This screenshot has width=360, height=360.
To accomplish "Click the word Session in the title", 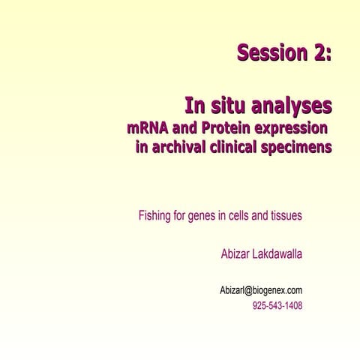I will point(269,53).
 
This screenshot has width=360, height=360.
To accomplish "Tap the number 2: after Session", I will point(319,53).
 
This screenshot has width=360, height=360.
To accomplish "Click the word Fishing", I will point(156,217).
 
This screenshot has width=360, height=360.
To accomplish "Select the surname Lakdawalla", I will point(279,254).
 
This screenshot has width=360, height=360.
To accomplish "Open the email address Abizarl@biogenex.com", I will point(260,289).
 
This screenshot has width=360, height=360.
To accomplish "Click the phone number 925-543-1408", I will point(277,306).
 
